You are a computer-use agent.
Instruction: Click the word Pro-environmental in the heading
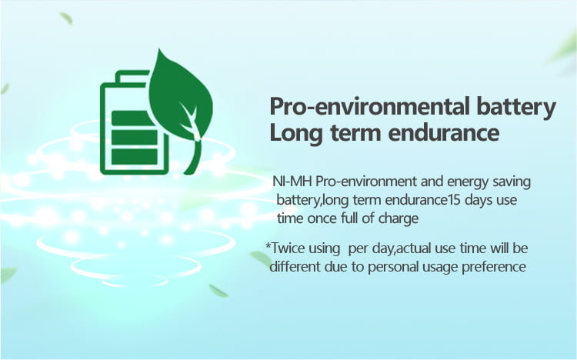pyautogui.click(x=369, y=106)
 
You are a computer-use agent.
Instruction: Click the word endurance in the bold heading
pyautogui.click(x=444, y=132)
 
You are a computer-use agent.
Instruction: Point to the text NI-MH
pyautogui.click(x=292, y=182)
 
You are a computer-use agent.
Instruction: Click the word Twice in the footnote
pyautogui.click(x=288, y=248)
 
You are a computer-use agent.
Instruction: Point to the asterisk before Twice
pyautogui.click(x=268, y=245)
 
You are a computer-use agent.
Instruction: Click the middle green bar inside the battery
pyautogui.click(x=135, y=137)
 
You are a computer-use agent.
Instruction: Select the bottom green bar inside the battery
pyautogui.click(x=135, y=156)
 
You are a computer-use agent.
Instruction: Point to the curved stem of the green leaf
pyautogui.click(x=195, y=156)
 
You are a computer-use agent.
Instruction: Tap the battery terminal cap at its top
pyautogui.click(x=132, y=75)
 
